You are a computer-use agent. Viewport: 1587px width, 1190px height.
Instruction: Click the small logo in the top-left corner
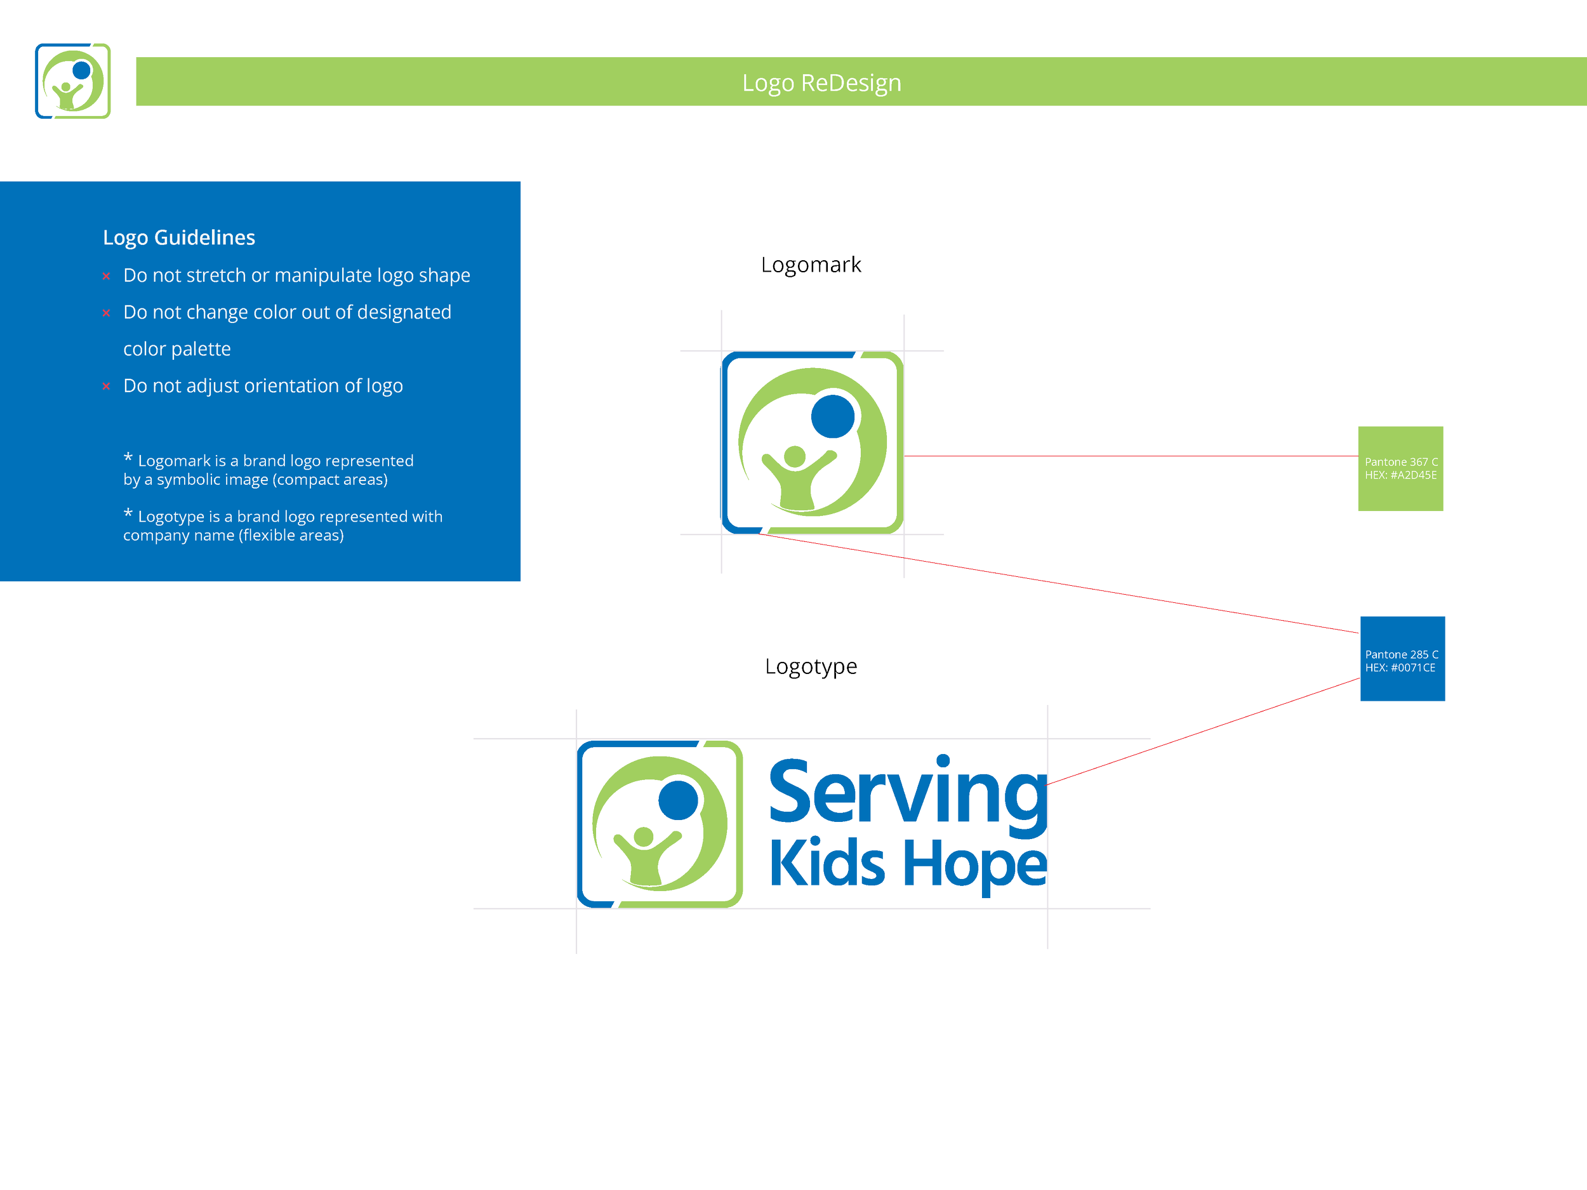pyautogui.click(x=72, y=81)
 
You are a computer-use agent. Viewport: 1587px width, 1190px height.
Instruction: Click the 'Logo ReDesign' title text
pyautogui.click(x=821, y=83)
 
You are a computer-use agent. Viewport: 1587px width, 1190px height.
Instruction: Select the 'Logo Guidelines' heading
pyautogui.click(x=178, y=237)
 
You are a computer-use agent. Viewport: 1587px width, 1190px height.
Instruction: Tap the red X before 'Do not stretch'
pyautogui.click(x=106, y=276)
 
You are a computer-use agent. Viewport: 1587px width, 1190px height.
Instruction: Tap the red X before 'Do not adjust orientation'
pyautogui.click(x=106, y=387)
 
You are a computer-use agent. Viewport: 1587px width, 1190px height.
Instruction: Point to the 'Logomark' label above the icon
pyautogui.click(x=811, y=265)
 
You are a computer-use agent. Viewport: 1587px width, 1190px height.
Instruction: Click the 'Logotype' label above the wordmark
pyautogui.click(x=811, y=667)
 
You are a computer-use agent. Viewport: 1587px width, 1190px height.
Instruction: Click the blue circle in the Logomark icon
pyautogui.click(x=832, y=416)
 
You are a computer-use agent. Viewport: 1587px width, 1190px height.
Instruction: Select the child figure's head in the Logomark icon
pyautogui.click(x=795, y=457)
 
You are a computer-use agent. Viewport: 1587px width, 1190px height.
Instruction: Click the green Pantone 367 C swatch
pyautogui.click(x=1400, y=468)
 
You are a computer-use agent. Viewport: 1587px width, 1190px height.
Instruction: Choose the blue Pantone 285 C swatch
pyautogui.click(x=1403, y=659)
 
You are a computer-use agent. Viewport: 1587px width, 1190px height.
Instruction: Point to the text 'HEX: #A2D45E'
pyautogui.click(x=1400, y=475)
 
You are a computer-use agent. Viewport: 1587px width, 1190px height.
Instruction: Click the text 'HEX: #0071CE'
pyautogui.click(x=1400, y=668)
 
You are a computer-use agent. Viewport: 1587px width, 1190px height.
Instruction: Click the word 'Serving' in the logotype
pyautogui.click(x=909, y=795)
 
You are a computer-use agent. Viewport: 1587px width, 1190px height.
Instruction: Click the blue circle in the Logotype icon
pyautogui.click(x=678, y=800)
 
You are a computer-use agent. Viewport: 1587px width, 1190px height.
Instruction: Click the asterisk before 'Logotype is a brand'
pyautogui.click(x=128, y=513)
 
